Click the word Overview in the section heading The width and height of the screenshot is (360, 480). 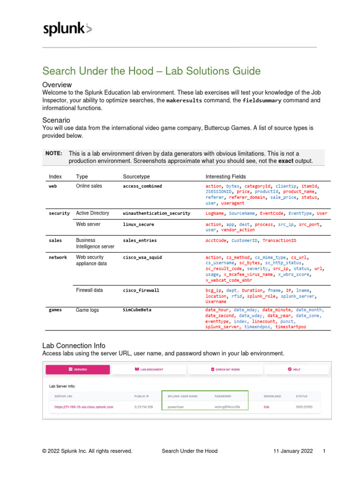click(57, 85)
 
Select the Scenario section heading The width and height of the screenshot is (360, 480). click(56, 120)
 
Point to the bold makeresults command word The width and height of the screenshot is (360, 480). click(184, 100)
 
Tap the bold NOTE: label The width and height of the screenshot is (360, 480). click(53, 153)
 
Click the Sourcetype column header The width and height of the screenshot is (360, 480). click(137, 176)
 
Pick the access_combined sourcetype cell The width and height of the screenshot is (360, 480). click(142, 186)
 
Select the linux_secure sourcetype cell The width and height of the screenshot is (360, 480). click(138, 225)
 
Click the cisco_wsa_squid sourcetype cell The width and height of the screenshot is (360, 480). click(143, 257)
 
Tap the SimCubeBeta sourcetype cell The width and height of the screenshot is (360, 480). click(137, 310)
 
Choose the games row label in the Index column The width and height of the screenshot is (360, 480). click(55, 310)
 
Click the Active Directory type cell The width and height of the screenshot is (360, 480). click(92, 213)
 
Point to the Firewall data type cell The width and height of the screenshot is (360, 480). click(89, 291)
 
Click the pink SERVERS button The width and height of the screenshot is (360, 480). click(78, 369)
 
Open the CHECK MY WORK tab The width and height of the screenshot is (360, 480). click(225, 369)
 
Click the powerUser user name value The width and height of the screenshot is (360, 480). click(176, 407)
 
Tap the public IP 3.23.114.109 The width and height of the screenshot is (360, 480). click(143, 407)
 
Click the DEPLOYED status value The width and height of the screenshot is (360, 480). click(305, 407)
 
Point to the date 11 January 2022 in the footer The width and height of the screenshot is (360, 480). click(293, 451)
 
